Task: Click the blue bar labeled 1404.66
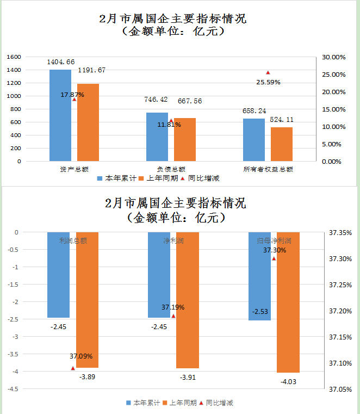click(60, 115)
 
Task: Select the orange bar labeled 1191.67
click(88, 122)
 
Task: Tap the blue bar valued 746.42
click(157, 137)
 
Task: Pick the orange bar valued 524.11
click(282, 144)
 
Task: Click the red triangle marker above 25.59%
click(268, 73)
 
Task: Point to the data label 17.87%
click(72, 95)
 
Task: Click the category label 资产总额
click(74, 169)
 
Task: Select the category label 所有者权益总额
click(268, 169)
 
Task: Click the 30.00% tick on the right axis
click(334, 57)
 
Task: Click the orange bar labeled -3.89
click(88, 300)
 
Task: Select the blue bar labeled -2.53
click(260, 276)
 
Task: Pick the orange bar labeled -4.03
click(288, 302)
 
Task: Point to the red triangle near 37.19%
click(173, 316)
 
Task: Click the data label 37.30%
click(274, 250)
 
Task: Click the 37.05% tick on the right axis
click(340, 389)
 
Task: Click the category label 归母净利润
click(274, 240)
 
